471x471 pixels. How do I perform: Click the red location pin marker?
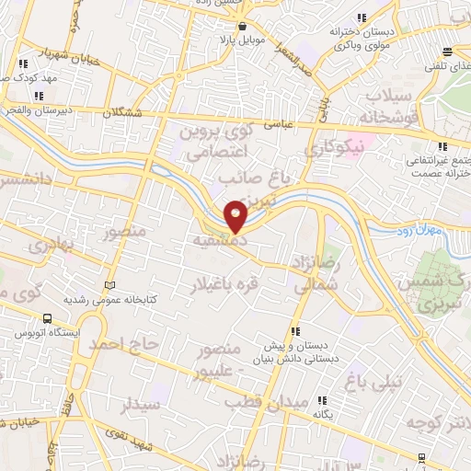(236, 215)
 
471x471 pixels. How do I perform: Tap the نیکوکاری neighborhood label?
(335, 145)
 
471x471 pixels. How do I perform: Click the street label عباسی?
(279, 121)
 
